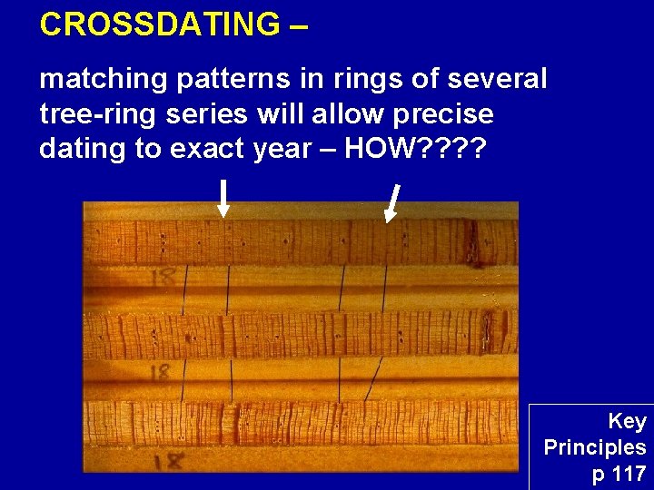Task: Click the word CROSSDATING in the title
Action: point(160,24)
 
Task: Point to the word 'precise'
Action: point(444,114)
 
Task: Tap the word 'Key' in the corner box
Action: point(627,421)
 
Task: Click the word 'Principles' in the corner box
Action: point(595,447)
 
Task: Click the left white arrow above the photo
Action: point(223,198)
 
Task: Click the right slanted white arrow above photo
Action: point(393,202)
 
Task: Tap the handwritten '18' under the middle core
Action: point(161,370)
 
